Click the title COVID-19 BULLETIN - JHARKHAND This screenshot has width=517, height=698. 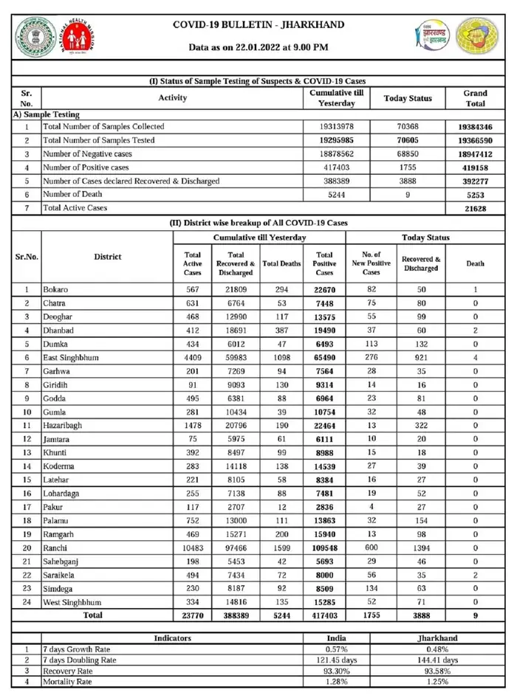pyautogui.click(x=258, y=25)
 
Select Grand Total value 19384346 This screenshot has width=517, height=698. pyautogui.click(x=475, y=127)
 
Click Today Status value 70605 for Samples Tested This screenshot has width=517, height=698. pyautogui.click(x=408, y=140)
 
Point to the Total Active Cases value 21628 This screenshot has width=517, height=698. pyautogui.click(x=475, y=208)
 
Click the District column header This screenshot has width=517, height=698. pyautogui.click(x=107, y=257)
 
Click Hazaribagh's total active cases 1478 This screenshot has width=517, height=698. pyautogui.click(x=192, y=425)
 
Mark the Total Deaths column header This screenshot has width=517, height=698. pyautogui.click(x=281, y=263)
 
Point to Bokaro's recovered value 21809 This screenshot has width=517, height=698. pyautogui.click(x=236, y=289)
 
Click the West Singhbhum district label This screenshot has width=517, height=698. pyautogui.click(x=76, y=602)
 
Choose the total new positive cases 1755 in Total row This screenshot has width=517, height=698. pyautogui.click(x=371, y=615)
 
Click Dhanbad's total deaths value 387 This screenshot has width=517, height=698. pyautogui.click(x=281, y=331)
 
